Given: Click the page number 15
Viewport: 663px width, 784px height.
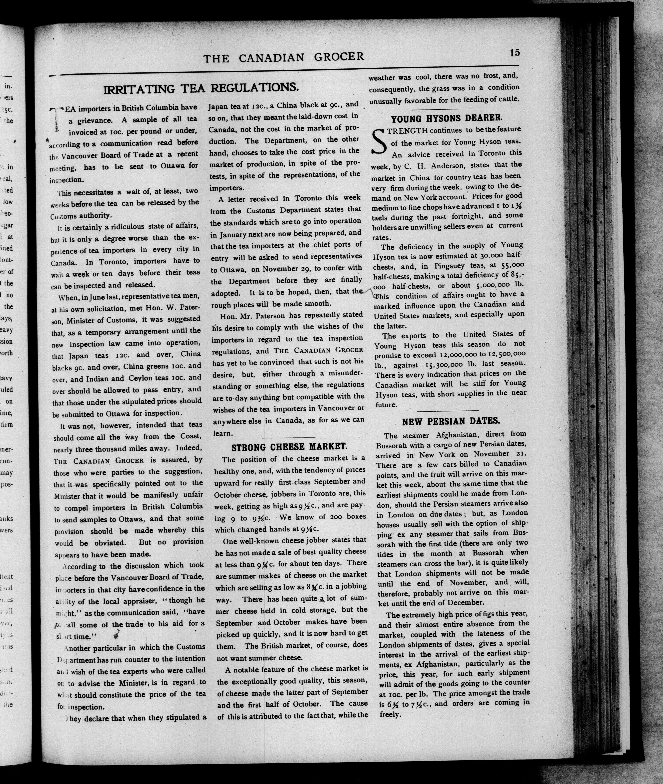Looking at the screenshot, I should (515, 53).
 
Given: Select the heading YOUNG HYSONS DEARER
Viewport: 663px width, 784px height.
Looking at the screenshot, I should (446, 119).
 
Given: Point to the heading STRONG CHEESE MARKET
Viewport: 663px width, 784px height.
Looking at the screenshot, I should (289, 447).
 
